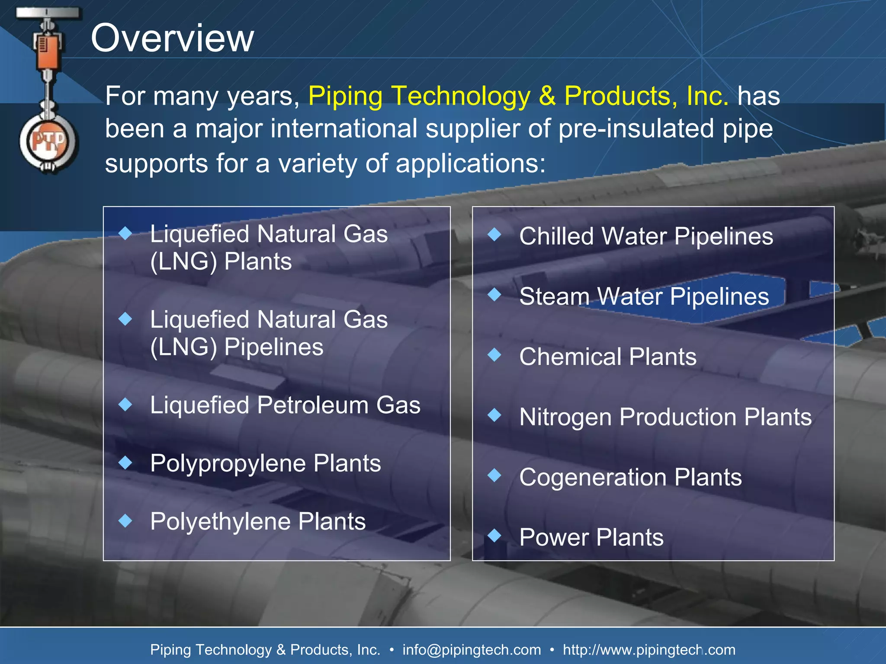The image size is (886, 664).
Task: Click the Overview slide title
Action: coord(172,38)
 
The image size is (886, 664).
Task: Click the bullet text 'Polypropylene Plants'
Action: coord(265,463)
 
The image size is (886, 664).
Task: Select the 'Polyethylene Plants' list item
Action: coord(258,521)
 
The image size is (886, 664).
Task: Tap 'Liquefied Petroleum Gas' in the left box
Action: coord(285,405)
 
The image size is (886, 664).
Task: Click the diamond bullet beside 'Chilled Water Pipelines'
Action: coord(494,235)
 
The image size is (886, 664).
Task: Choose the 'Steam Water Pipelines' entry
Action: coord(644,297)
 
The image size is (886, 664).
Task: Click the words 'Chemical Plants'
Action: coord(607,357)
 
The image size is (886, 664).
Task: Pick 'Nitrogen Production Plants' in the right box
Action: coord(665,417)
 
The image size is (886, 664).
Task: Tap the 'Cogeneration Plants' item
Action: coord(630,477)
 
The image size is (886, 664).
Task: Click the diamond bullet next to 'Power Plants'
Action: coord(494,536)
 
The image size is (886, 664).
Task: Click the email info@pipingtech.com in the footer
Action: coord(472,649)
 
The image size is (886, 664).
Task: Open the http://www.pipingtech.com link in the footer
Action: coord(648,649)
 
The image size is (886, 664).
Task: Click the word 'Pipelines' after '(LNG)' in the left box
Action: coord(274,347)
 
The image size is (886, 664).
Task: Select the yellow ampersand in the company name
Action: coord(547,96)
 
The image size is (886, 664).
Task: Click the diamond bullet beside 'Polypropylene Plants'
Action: coord(125,463)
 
